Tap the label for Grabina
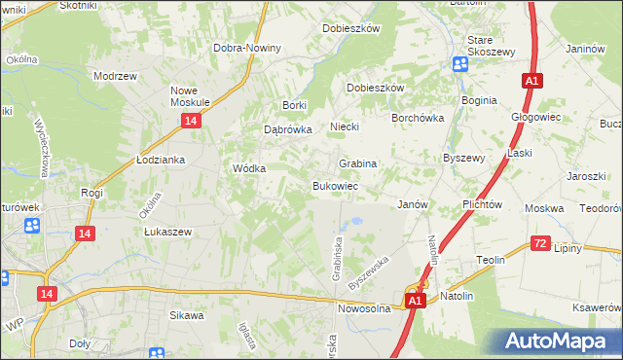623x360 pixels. (x=357, y=163)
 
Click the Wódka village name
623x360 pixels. (x=248, y=168)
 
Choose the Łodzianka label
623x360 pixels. (x=161, y=160)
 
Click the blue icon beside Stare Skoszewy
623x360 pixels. (x=459, y=63)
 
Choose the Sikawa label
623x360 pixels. (x=187, y=315)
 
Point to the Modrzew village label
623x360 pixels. (x=112, y=75)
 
